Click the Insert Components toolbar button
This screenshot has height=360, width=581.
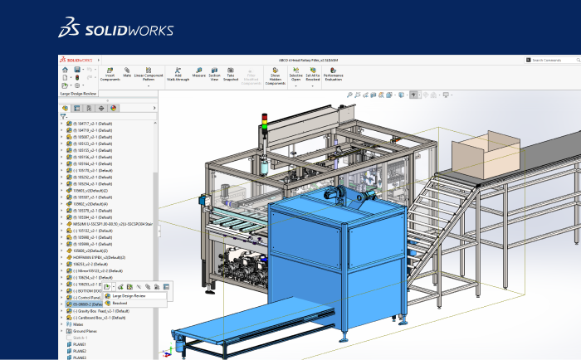click(110, 74)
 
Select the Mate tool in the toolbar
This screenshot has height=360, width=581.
click(128, 72)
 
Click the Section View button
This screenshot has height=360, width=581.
click(215, 74)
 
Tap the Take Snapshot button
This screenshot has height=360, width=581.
click(232, 74)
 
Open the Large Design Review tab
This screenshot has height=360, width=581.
click(80, 95)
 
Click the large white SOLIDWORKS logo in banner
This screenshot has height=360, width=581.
click(115, 29)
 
